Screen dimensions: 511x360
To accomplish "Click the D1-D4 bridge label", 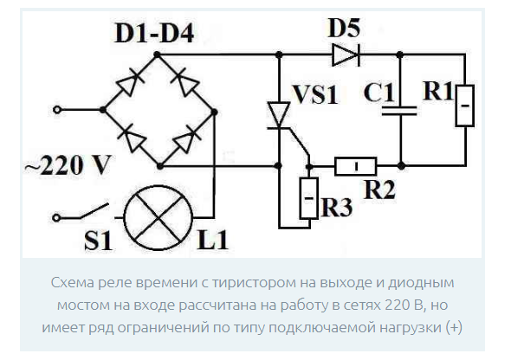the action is [x=154, y=34].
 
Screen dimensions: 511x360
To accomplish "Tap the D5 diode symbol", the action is [x=346, y=55].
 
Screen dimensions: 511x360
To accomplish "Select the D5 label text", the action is [x=344, y=28].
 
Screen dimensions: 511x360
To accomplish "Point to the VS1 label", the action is [x=315, y=95].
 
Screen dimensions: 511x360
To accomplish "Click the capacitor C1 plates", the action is [x=399, y=111].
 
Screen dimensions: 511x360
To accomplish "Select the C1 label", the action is [x=378, y=93].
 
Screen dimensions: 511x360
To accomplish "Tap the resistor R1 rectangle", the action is [x=465, y=106].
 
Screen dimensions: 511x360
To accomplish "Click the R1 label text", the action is [x=437, y=91].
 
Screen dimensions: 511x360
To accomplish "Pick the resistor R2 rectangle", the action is [x=356, y=166].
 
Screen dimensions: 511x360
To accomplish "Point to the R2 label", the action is [x=379, y=190].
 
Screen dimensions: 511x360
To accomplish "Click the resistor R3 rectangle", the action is [x=309, y=198].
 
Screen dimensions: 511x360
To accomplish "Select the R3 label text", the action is [x=337, y=207].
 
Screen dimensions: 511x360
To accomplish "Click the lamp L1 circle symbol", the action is [x=158, y=217].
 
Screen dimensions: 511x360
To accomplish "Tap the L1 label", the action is [x=212, y=240].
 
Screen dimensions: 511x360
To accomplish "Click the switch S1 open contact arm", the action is [x=94, y=211].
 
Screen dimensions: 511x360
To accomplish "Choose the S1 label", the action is [x=98, y=241].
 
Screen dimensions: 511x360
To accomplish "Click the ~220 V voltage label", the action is [x=68, y=165].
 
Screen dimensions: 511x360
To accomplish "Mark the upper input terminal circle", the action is [x=57, y=110].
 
